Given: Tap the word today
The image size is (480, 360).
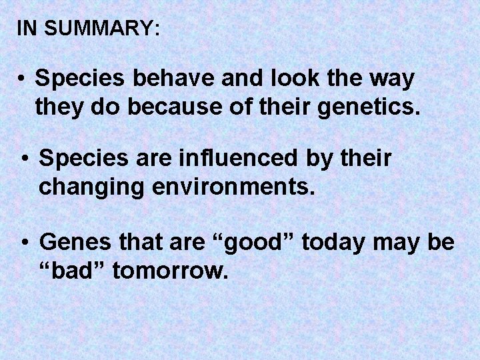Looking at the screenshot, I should pyautogui.click(x=333, y=243).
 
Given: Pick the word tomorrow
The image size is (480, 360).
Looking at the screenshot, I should pyautogui.click(x=171, y=272).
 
